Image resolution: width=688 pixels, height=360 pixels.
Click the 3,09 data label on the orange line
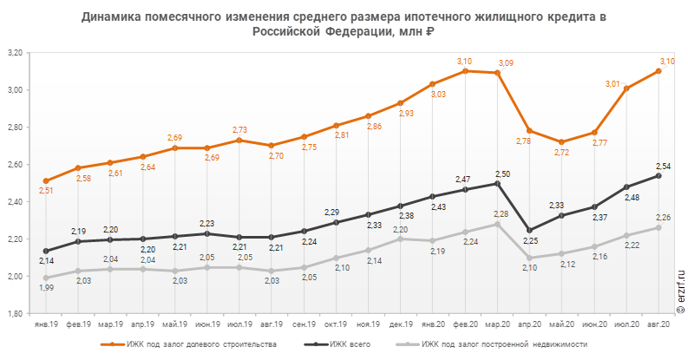(x=506, y=62)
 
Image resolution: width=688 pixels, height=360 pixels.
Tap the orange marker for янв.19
(x=45, y=180)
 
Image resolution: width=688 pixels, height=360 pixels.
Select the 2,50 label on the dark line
(x=502, y=174)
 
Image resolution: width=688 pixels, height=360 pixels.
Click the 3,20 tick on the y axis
(x=14, y=53)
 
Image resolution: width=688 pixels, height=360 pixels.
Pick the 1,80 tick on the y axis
(x=14, y=313)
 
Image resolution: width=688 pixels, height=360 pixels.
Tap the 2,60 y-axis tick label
(x=14, y=165)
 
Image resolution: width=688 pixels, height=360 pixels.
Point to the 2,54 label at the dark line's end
(x=664, y=165)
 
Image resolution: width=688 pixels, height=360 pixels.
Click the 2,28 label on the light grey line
(x=501, y=213)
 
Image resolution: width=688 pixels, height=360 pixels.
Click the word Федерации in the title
(x=358, y=32)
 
